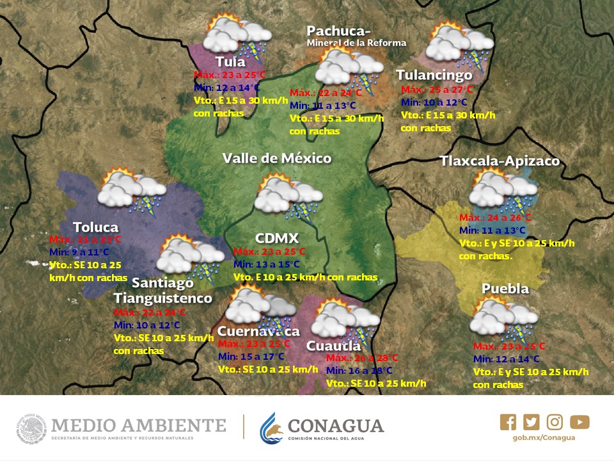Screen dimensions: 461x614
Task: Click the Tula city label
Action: [230, 62]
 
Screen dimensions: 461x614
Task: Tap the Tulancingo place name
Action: [434, 75]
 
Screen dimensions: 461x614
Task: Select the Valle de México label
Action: [277, 158]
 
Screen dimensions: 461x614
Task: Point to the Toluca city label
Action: [95, 227]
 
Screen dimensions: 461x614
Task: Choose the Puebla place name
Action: [505, 289]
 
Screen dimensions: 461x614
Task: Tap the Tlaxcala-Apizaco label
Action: [500, 161]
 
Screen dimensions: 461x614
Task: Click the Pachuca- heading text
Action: [338, 31]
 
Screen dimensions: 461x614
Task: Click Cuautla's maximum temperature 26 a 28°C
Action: [362, 358]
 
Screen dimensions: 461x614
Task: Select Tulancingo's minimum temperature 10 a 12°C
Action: [434, 102]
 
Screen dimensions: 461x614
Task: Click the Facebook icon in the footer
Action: [508, 422]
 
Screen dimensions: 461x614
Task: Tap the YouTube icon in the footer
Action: [579, 422]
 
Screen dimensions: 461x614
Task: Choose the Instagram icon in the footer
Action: [555, 422]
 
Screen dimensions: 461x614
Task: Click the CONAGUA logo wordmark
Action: [336, 426]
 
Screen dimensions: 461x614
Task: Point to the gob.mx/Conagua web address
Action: [544, 438]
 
